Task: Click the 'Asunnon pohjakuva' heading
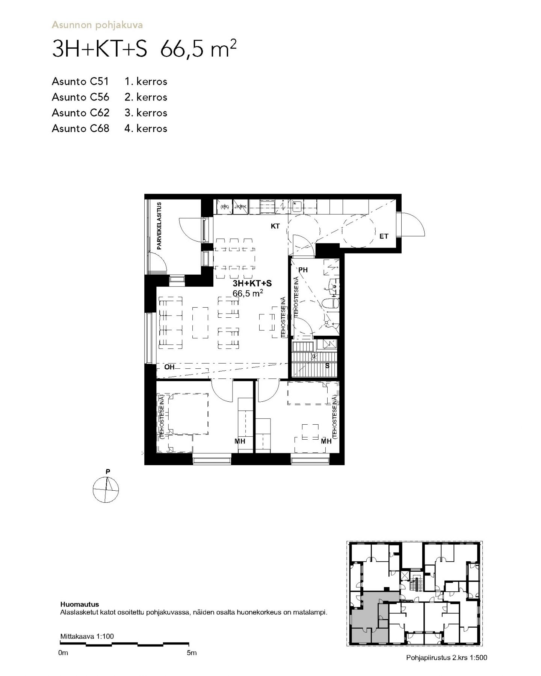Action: click(x=97, y=26)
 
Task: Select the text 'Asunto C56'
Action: click(x=80, y=97)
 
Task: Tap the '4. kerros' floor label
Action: click(x=146, y=129)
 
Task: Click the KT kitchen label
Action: click(x=275, y=226)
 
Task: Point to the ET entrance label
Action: click(x=384, y=236)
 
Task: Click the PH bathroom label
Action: click(x=303, y=270)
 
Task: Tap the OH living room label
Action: click(x=169, y=367)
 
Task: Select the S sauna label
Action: click(x=327, y=366)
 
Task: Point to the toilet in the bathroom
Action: click(x=332, y=303)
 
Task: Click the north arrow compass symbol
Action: click(x=106, y=490)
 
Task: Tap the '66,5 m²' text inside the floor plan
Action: click(x=248, y=293)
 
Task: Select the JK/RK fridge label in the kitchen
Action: click(x=240, y=207)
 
